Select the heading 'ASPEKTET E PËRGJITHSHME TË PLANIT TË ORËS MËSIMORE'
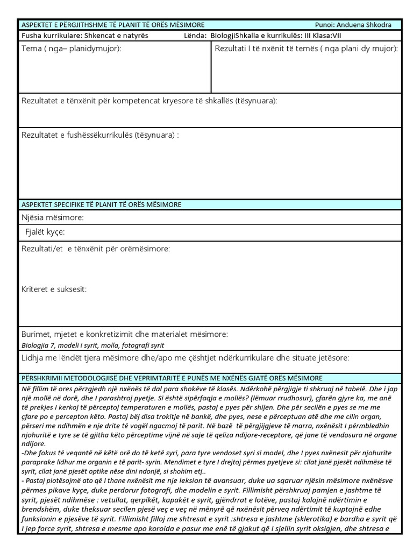[x=112, y=25]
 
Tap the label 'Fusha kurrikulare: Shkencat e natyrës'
[x=85, y=36]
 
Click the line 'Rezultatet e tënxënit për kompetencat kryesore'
[x=149, y=101]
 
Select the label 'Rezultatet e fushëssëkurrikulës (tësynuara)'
[x=100, y=135]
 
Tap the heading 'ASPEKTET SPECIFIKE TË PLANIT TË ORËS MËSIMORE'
[x=101, y=204]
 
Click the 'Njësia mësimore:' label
[x=53, y=218]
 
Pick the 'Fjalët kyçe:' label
[x=45, y=232]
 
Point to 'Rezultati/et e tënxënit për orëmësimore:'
[x=96, y=249]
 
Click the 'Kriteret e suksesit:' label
[x=54, y=289]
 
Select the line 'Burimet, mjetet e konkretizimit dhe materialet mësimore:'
[x=125, y=335]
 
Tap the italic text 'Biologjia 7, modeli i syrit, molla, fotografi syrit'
[x=92, y=345]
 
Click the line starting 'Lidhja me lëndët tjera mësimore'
[x=185, y=357]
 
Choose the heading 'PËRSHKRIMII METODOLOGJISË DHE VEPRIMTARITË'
[x=172, y=378]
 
